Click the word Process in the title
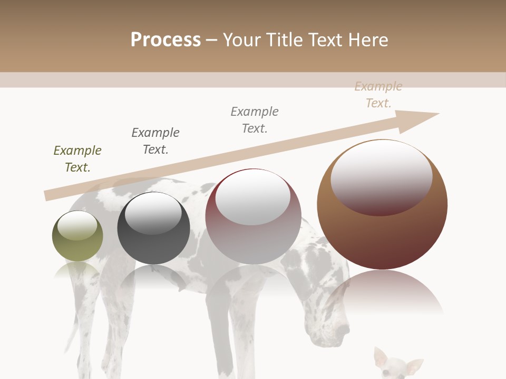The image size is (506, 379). click(x=166, y=40)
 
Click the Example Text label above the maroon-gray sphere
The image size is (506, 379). click(x=255, y=120)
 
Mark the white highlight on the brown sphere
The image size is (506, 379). click(x=382, y=176)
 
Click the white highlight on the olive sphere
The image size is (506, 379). click(x=77, y=225)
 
